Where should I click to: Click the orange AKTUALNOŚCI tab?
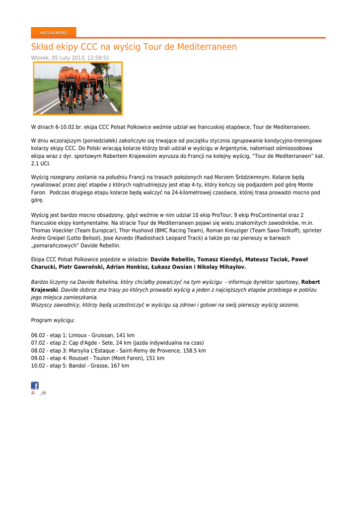54,33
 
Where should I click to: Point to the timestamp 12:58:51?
98,58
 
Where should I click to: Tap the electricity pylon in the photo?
114,69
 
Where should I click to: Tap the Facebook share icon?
35,385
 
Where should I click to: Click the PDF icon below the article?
33,393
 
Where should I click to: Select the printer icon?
43,393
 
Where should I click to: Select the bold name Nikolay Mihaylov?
221,267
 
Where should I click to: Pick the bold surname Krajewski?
45,290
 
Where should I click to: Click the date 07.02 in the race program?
38,343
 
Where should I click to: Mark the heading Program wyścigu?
53,320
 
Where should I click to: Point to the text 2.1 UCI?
41,163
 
